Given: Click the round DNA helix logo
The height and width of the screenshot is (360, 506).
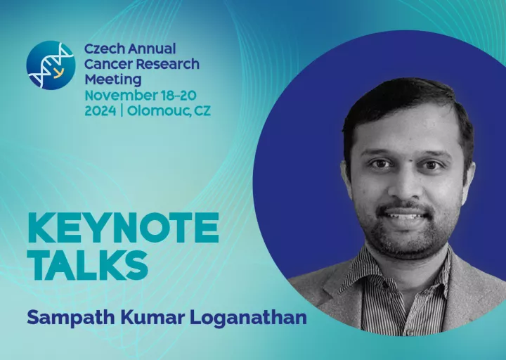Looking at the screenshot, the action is click(x=51, y=65).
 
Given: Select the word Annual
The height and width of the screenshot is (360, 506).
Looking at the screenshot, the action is click(x=152, y=49).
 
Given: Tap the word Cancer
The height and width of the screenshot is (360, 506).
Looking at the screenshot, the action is click(x=108, y=64).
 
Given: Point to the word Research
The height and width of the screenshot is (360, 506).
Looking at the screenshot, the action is click(x=167, y=64).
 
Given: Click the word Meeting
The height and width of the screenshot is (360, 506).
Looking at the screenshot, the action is click(x=113, y=79).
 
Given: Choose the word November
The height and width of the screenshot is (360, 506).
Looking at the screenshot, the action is click(x=120, y=96).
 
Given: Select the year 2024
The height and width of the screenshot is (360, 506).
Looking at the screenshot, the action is click(x=100, y=111).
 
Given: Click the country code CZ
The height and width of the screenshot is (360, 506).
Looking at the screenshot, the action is click(x=202, y=111).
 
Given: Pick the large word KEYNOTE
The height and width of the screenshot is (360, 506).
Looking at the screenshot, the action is click(x=123, y=228).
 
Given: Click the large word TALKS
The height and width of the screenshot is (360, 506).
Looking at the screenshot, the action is click(x=88, y=264).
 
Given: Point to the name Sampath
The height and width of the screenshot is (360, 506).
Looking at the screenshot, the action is click(x=71, y=318).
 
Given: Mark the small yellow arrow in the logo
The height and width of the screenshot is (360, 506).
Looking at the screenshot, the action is click(x=58, y=73).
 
